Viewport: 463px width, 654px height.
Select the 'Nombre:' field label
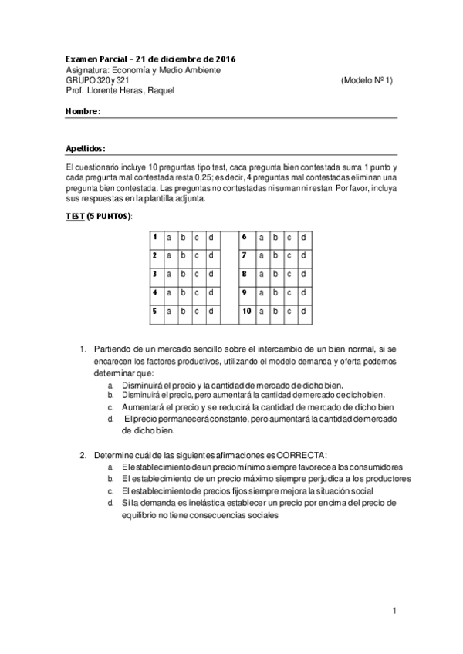(x=83, y=112)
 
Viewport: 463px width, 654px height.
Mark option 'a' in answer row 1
(x=169, y=237)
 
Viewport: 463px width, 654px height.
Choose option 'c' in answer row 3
(x=196, y=274)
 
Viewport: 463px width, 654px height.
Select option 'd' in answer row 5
(x=211, y=312)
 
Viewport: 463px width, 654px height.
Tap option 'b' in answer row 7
(x=274, y=255)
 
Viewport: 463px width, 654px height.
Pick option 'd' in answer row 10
(x=303, y=312)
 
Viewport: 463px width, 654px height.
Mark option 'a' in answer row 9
(x=260, y=293)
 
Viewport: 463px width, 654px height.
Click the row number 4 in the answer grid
(x=154, y=293)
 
